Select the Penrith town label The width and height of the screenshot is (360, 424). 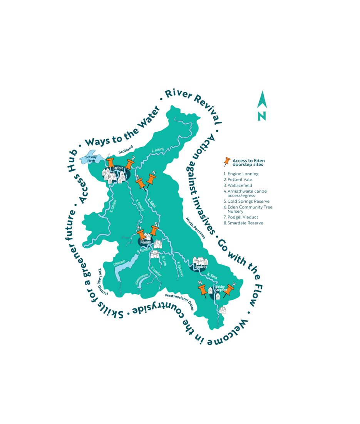[x=146, y=242]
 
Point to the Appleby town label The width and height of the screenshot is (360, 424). [x=201, y=267]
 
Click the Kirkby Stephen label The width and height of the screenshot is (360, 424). [x=221, y=289]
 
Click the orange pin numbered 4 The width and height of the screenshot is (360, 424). [x=151, y=179]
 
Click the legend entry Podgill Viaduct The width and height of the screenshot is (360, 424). [x=243, y=217]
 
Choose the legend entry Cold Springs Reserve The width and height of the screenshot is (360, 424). [x=248, y=201]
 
